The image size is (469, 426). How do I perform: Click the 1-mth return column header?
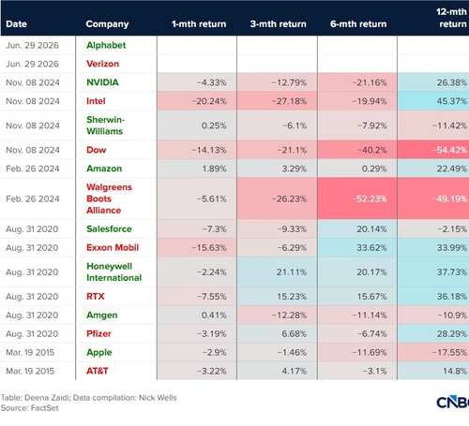[x=199, y=24]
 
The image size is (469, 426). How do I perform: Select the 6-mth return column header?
[x=358, y=24]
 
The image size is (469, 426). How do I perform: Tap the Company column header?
[x=107, y=24]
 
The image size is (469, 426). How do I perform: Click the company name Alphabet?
[x=106, y=45]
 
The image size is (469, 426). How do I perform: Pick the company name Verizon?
[x=102, y=64]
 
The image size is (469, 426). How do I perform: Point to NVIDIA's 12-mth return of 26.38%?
[x=452, y=82]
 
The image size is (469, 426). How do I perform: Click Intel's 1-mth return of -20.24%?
[x=209, y=101]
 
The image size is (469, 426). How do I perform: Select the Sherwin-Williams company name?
[x=105, y=125]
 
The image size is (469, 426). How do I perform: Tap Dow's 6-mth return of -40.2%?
[x=372, y=150]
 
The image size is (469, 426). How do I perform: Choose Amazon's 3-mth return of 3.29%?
[x=295, y=169]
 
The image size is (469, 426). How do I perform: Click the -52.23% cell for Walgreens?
[x=370, y=198]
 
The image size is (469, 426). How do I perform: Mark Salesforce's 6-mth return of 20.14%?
[x=371, y=229]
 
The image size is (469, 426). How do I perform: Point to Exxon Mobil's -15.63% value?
[x=209, y=248]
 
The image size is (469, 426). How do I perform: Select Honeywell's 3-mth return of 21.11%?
[x=292, y=272]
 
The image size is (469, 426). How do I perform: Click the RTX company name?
[x=96, y=296]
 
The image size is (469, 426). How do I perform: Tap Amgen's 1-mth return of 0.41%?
[x=214, y=316]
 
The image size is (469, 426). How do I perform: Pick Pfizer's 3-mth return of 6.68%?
[x=295, y=334]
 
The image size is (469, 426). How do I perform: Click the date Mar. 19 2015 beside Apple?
[x=30, y=353]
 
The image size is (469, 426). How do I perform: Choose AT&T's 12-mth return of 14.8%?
[x=455, y=371]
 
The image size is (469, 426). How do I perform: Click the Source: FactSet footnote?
[x=29, y=408]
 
